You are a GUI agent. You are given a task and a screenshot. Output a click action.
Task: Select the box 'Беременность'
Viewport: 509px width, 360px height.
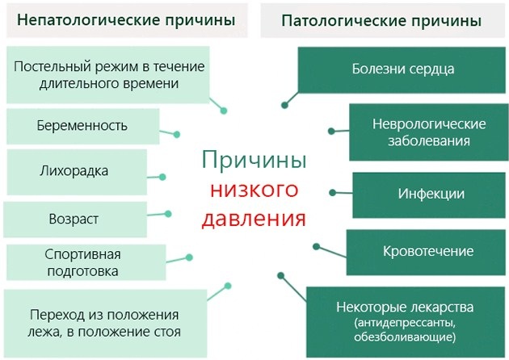(82, 126)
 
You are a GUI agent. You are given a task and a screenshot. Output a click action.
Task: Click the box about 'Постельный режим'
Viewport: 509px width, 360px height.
(107, 73)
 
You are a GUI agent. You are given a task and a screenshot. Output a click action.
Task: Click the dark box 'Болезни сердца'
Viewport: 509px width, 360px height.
(402, 69)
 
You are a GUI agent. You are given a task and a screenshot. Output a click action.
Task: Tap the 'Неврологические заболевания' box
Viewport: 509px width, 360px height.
(428, 132)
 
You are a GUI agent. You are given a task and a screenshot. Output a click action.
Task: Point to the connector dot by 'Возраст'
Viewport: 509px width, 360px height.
(169, 214)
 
